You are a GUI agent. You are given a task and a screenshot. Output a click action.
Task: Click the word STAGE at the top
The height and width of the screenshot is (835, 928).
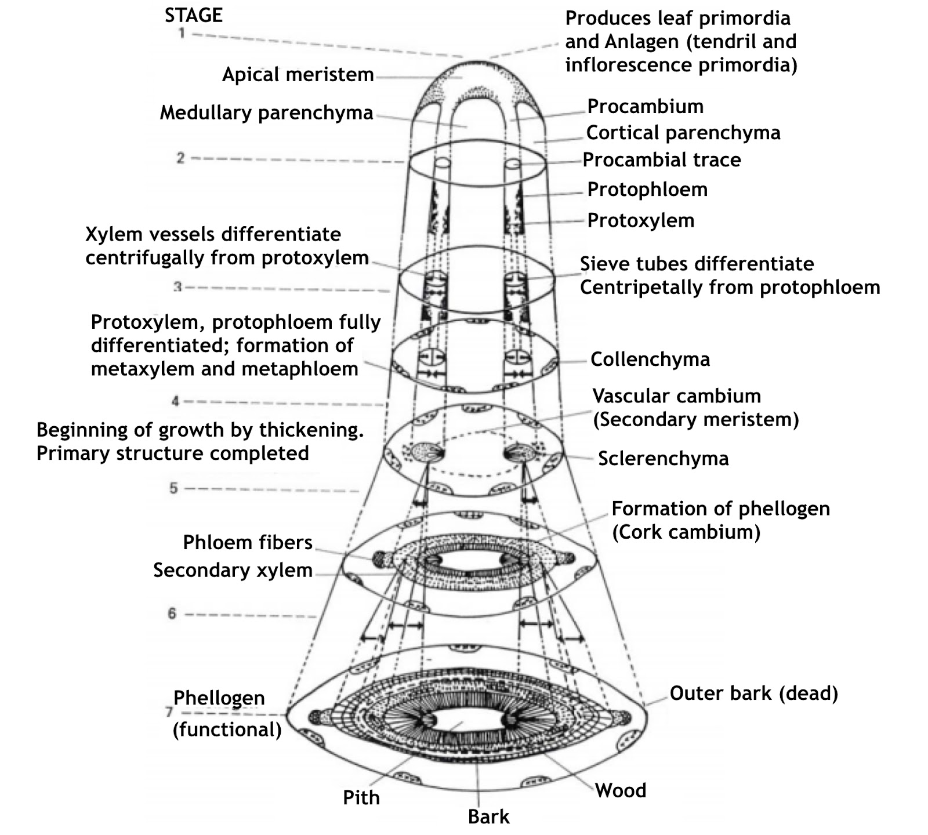[193, 15]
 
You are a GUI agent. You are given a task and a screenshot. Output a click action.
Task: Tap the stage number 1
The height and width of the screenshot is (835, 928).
[182, 34]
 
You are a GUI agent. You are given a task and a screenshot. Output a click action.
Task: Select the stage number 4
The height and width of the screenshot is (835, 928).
[175, 401]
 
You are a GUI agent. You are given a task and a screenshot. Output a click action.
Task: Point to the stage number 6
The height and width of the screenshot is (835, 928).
[172, 613]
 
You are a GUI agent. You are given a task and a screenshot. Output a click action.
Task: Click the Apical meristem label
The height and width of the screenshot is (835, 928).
[298, 75]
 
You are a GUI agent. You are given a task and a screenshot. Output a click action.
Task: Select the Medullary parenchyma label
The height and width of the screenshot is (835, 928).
[266, 112]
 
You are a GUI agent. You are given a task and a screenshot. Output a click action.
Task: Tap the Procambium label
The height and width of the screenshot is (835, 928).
[645, 106]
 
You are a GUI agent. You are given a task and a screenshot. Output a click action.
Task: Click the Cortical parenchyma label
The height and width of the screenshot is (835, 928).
[683, 133]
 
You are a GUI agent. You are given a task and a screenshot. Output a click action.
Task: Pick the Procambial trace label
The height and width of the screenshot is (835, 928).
[661, 160]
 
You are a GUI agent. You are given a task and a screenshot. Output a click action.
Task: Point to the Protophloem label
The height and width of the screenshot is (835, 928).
[647, 190]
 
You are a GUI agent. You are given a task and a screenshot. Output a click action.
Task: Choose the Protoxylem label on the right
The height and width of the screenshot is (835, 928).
[640, 220]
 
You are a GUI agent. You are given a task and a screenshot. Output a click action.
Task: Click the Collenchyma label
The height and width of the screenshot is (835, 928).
[650, 360]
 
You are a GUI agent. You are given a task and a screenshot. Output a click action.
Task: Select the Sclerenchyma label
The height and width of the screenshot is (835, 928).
[663, 459]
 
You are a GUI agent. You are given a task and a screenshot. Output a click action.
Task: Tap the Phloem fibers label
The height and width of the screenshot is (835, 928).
[248, 543]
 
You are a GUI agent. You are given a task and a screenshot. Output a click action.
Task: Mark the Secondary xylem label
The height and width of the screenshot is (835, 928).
[233, 571]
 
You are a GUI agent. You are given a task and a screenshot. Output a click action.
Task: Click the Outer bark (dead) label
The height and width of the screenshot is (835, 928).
[753, 694]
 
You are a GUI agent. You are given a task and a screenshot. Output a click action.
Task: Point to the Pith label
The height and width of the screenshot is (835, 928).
[361, 798]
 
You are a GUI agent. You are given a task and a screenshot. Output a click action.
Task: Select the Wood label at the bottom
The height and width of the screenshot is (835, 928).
[620, 791]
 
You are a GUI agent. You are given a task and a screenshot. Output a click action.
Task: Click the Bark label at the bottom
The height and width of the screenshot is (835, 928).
[488, 817]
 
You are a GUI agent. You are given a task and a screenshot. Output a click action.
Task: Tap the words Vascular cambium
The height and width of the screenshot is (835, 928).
[676, 396]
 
